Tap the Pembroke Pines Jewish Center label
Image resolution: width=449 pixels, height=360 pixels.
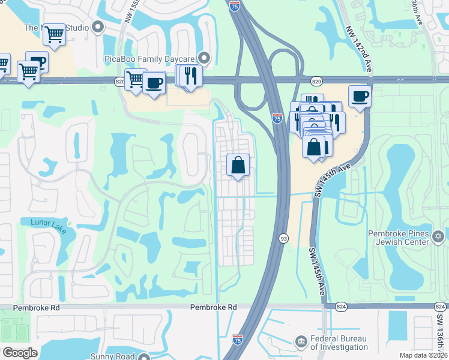point(399,237)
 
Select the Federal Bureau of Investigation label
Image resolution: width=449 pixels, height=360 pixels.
point(339,343)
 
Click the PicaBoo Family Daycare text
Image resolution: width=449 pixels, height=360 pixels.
point(157,58)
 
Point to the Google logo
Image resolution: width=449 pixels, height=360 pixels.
point(19,353)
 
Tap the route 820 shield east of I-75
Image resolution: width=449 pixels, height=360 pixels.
point(316,81)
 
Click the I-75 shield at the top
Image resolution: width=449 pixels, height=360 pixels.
point(235,6)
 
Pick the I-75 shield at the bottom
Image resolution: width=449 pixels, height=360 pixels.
point(238,339)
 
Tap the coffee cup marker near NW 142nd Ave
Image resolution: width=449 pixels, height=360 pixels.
point(360,95)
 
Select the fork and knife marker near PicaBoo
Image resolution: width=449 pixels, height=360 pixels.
point(191,76)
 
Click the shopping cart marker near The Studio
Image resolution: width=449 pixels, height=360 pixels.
point(54,34)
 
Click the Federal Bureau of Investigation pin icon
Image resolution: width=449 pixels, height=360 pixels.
point(301,342)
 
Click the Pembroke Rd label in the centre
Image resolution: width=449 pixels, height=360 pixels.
point(213,307)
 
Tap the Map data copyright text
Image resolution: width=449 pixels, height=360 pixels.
point(423,355)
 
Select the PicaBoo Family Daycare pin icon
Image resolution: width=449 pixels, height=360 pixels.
point(205,58)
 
